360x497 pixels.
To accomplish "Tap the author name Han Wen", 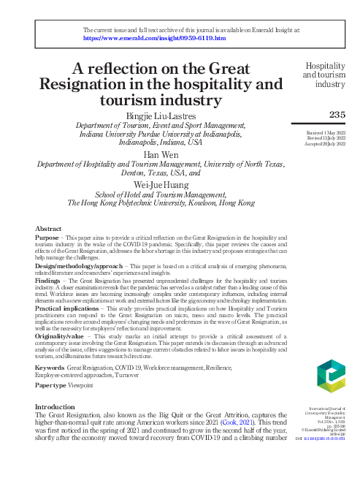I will point(160,155).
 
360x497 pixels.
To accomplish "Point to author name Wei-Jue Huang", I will point(161,185).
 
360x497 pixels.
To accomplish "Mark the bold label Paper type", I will point(52,384).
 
